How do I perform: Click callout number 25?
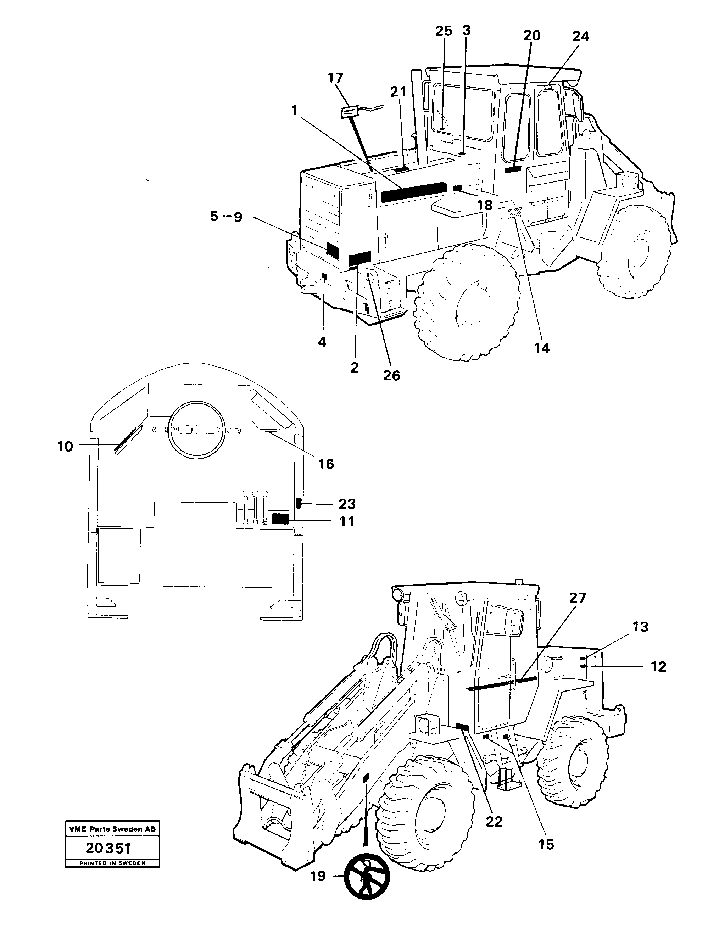[444, 31]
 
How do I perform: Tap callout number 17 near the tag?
[335, 78]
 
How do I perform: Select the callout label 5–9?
[226, 217]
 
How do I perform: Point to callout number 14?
[541, 348]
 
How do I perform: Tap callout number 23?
[347, 504]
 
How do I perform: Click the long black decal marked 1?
[412, 192]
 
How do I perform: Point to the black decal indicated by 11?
[280, 519]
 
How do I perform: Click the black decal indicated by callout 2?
[359, 258]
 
